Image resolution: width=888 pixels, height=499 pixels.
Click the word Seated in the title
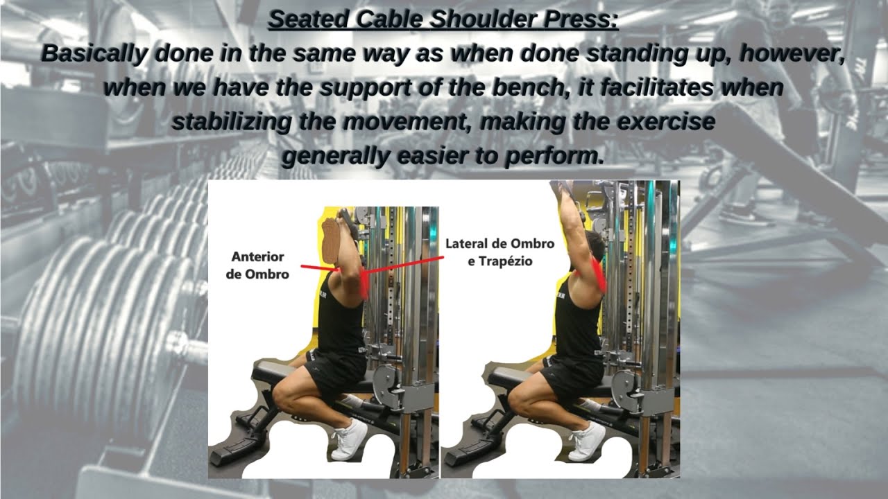pyautogui.click(x=309, y=19)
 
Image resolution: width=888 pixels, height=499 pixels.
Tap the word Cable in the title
pyautogui.click(x=388, y=19)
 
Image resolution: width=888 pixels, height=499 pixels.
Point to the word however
pyautogui.click(x=793, y=53)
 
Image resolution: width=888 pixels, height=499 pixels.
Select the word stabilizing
pyautogui.click(x=232, y=122)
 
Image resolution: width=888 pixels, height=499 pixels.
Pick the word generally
pyautogui.click(x=336, y=157)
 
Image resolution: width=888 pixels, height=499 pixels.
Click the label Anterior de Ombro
pyautogui.click(x=257, y=265)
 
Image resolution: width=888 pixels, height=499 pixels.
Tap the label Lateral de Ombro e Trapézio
pyautogui.click(x=500, y=252)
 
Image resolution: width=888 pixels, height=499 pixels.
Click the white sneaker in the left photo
pyautogui.click(x=350, y=439)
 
